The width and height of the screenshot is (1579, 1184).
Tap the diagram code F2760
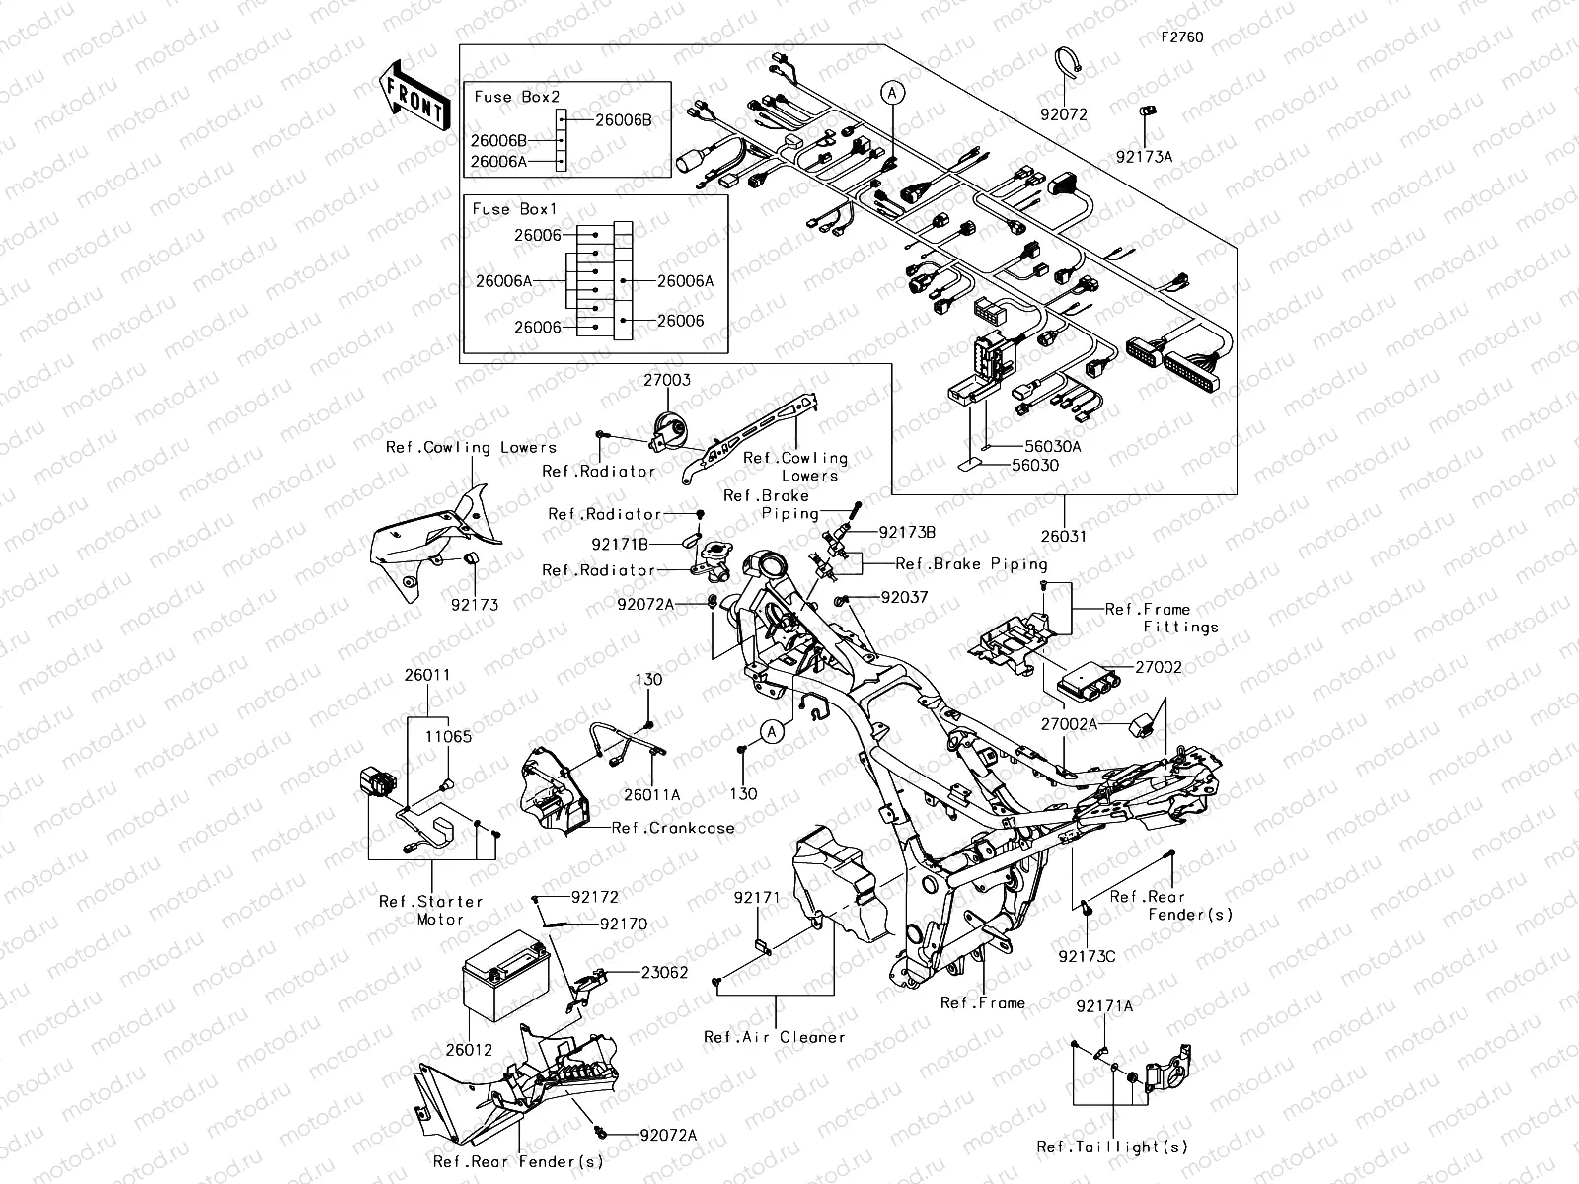tap(1181, 37)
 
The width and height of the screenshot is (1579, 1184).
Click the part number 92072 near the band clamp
tap(1063, 114)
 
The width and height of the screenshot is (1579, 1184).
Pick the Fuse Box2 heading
tap(516, 97)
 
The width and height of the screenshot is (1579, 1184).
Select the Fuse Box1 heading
tap(514, 209)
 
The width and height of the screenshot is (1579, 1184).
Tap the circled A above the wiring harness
tap(892, 94)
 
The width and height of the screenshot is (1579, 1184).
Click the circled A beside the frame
tap(773, 731)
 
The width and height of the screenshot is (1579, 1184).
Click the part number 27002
tap(1158, 667)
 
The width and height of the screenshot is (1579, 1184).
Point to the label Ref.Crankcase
tap(672, 828)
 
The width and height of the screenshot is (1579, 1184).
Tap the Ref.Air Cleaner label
tap(774, 1037)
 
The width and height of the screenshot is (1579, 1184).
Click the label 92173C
tap(1087, 956)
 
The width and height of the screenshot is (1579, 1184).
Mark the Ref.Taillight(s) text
tap(1112, 1147)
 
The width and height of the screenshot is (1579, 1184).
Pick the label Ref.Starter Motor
tap(431, 910)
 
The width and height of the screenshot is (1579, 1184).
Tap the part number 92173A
tap(1145, 156)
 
